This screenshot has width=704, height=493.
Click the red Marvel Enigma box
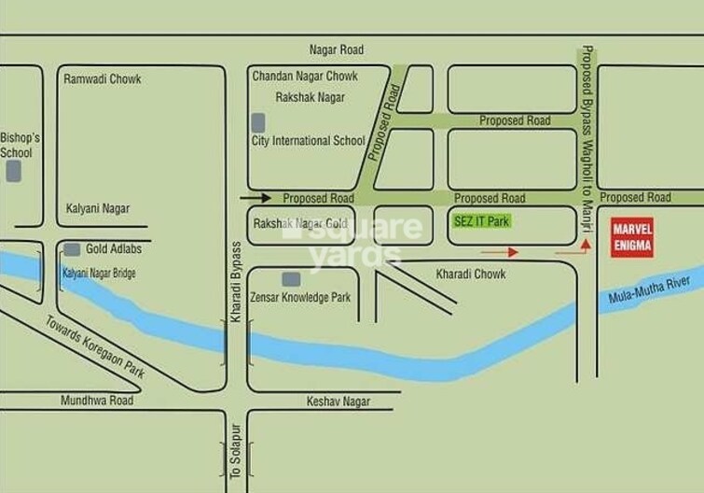click(x=631, y=236)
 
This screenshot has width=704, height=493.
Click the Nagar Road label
click(x=337, y=49)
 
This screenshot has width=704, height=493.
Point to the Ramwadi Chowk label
click(x=103, y=79)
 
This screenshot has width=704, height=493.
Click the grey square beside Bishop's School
click(x=14, y=171)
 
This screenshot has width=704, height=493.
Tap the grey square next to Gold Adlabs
click(x=72, y=249)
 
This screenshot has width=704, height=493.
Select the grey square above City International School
click(x=258, y=121)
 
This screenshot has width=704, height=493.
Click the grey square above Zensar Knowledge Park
click(x=291, y=278)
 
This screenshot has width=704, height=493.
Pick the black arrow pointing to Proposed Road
click(x=255, y=198)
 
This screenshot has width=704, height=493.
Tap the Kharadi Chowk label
click(x=471, y=275)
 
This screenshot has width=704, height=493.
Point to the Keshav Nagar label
click(x=338, y=401)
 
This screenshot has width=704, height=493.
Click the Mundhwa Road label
click(x=97, y=401)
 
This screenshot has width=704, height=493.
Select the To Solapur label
click(x=236, y=451)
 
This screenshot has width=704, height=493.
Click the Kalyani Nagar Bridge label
click(x=99, y=274)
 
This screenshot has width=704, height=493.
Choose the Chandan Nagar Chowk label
click(x=305, y=77)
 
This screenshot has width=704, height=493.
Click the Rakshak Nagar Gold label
click(x=300, y=224)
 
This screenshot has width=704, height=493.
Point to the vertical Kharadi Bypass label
click(x=236, y=283)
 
